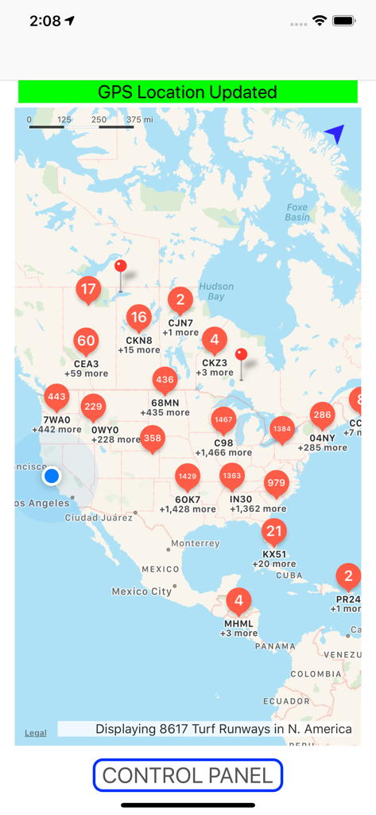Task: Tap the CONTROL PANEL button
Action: point(188,775)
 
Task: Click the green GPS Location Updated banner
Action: point(188,92)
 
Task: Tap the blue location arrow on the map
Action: point(335,135)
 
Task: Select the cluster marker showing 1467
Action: point(223,419)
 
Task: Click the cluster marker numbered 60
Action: point(86,341)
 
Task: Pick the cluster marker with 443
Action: point(56,396)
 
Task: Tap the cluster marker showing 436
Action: point(165,380)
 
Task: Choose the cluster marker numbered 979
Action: point(276,483)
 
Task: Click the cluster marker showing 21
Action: point(274,531)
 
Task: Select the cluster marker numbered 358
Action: point(153,438)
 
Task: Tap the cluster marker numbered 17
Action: point(88,289)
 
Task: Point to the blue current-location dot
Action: point(52,476)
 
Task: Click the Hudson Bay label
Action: point(216,291)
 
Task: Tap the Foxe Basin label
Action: point(297,212)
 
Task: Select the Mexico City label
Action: point(141,591)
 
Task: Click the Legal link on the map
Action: point(35,733)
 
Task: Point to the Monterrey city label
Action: point(195,544)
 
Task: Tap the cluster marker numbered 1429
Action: point(188,476)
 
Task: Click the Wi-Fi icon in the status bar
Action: point(320,21)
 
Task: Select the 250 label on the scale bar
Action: point(99,119)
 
